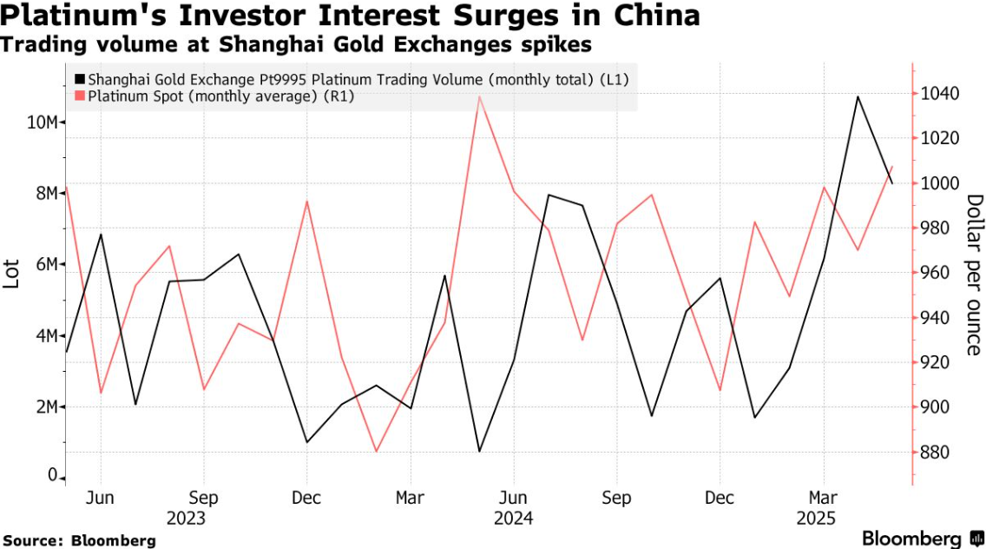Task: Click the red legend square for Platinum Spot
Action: click(81, 96)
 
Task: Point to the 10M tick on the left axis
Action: click(42, 122)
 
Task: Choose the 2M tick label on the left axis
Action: click(46, 407)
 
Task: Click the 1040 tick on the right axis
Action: click(939, 94)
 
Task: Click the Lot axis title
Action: click(13, 271)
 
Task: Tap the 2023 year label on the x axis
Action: click(187, 519)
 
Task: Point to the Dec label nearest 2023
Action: click(306, 499)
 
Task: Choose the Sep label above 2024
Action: click(616, 499)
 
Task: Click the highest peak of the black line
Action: click(858, 96)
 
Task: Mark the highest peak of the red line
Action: click(479, 96)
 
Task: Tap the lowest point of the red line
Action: click(376, 452)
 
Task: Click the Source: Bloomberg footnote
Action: click(78, 540)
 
